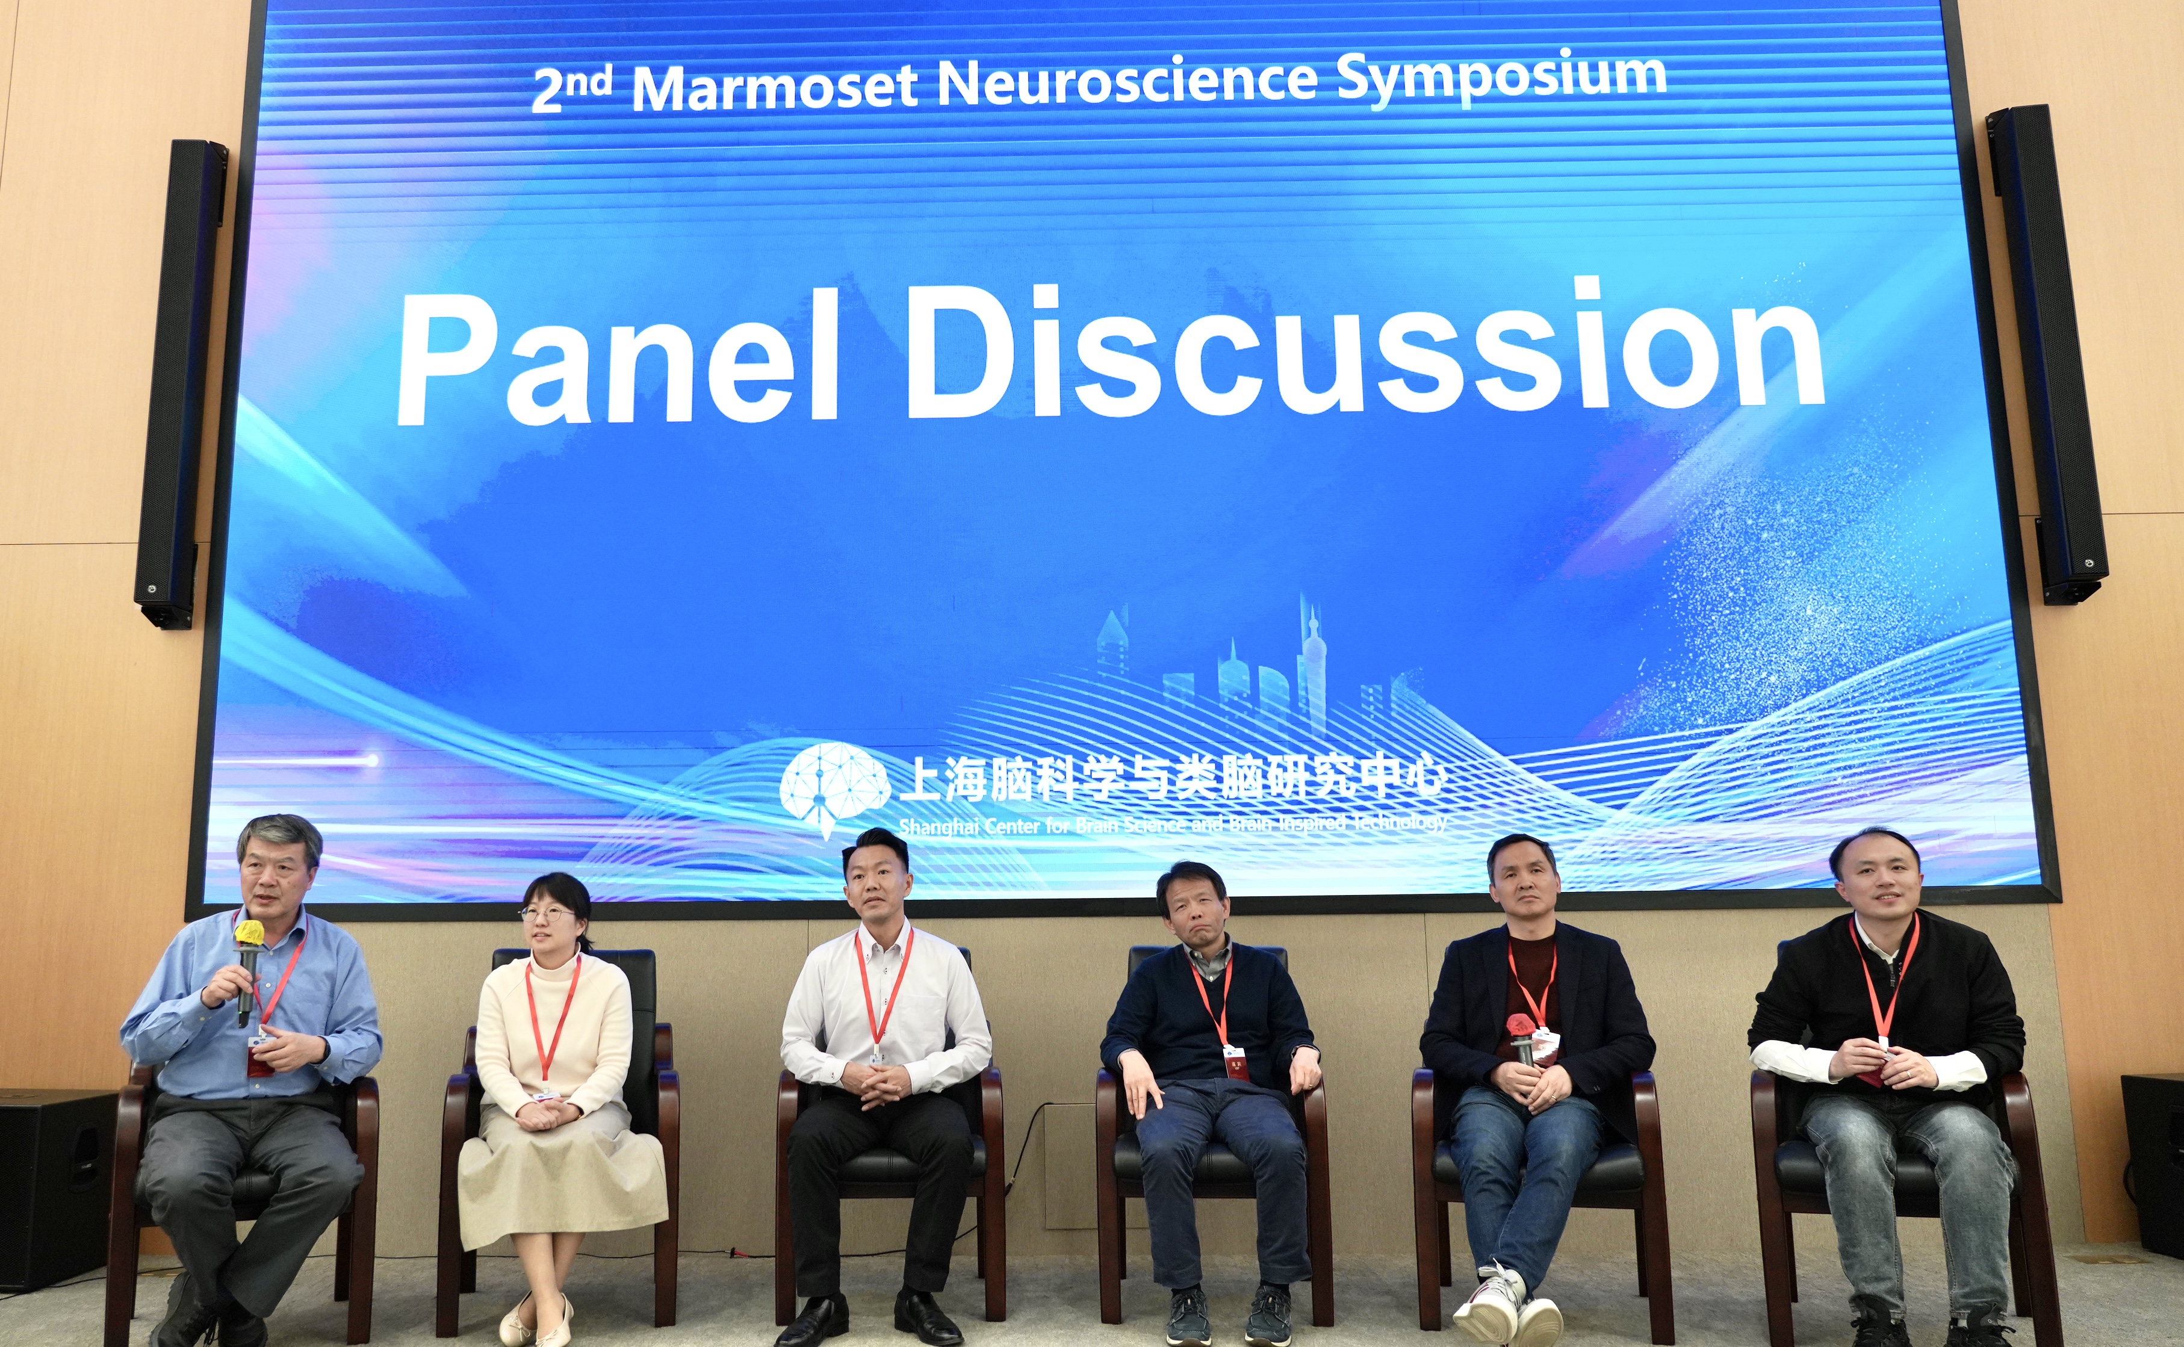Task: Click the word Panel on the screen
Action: pos(618,356)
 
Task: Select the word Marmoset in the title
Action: pos(775,87)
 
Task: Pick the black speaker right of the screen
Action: pos(2046,355)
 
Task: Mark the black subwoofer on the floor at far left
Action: pos(55,1189)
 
